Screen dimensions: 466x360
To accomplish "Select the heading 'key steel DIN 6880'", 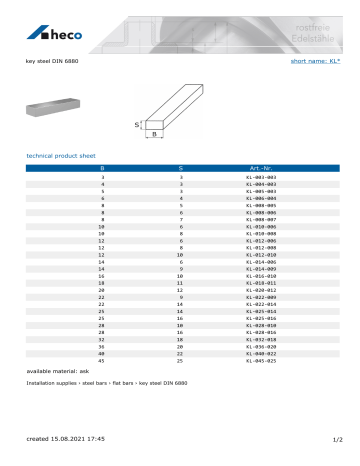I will [x=51, y=61].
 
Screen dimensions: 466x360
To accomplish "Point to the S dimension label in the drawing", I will [x=138, y=125].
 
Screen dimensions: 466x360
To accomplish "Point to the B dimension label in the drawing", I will [x=155, y=132].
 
